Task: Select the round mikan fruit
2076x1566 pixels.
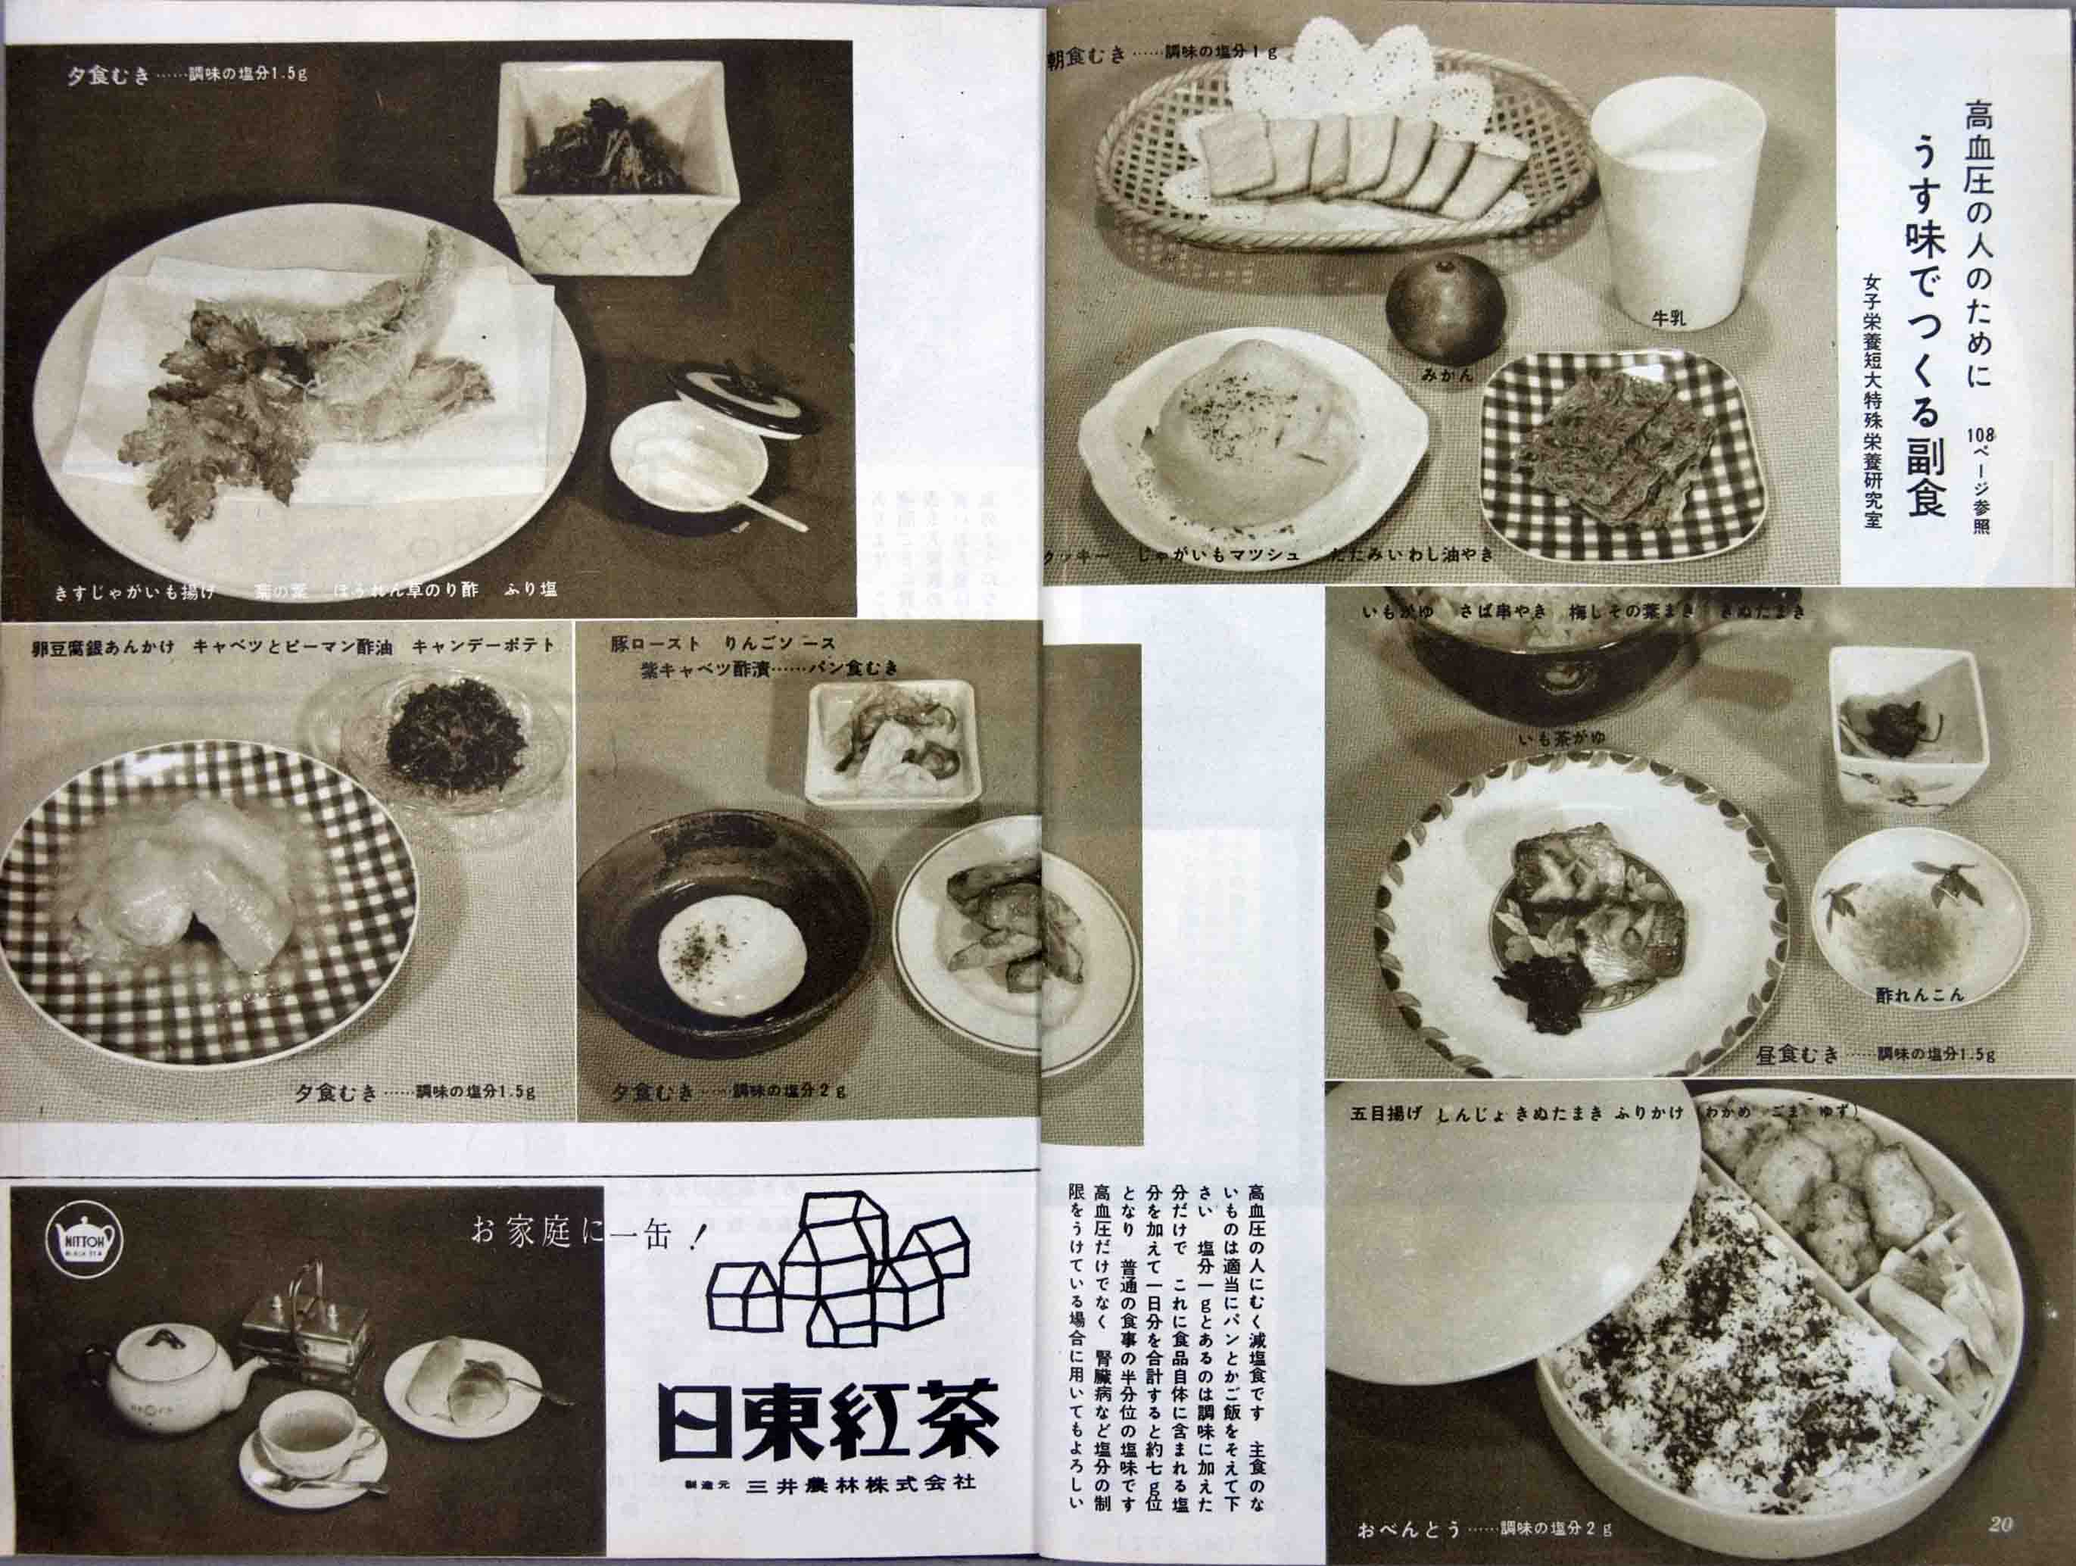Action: [1445, 309]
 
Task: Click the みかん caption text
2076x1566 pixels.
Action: [1445, 375]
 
